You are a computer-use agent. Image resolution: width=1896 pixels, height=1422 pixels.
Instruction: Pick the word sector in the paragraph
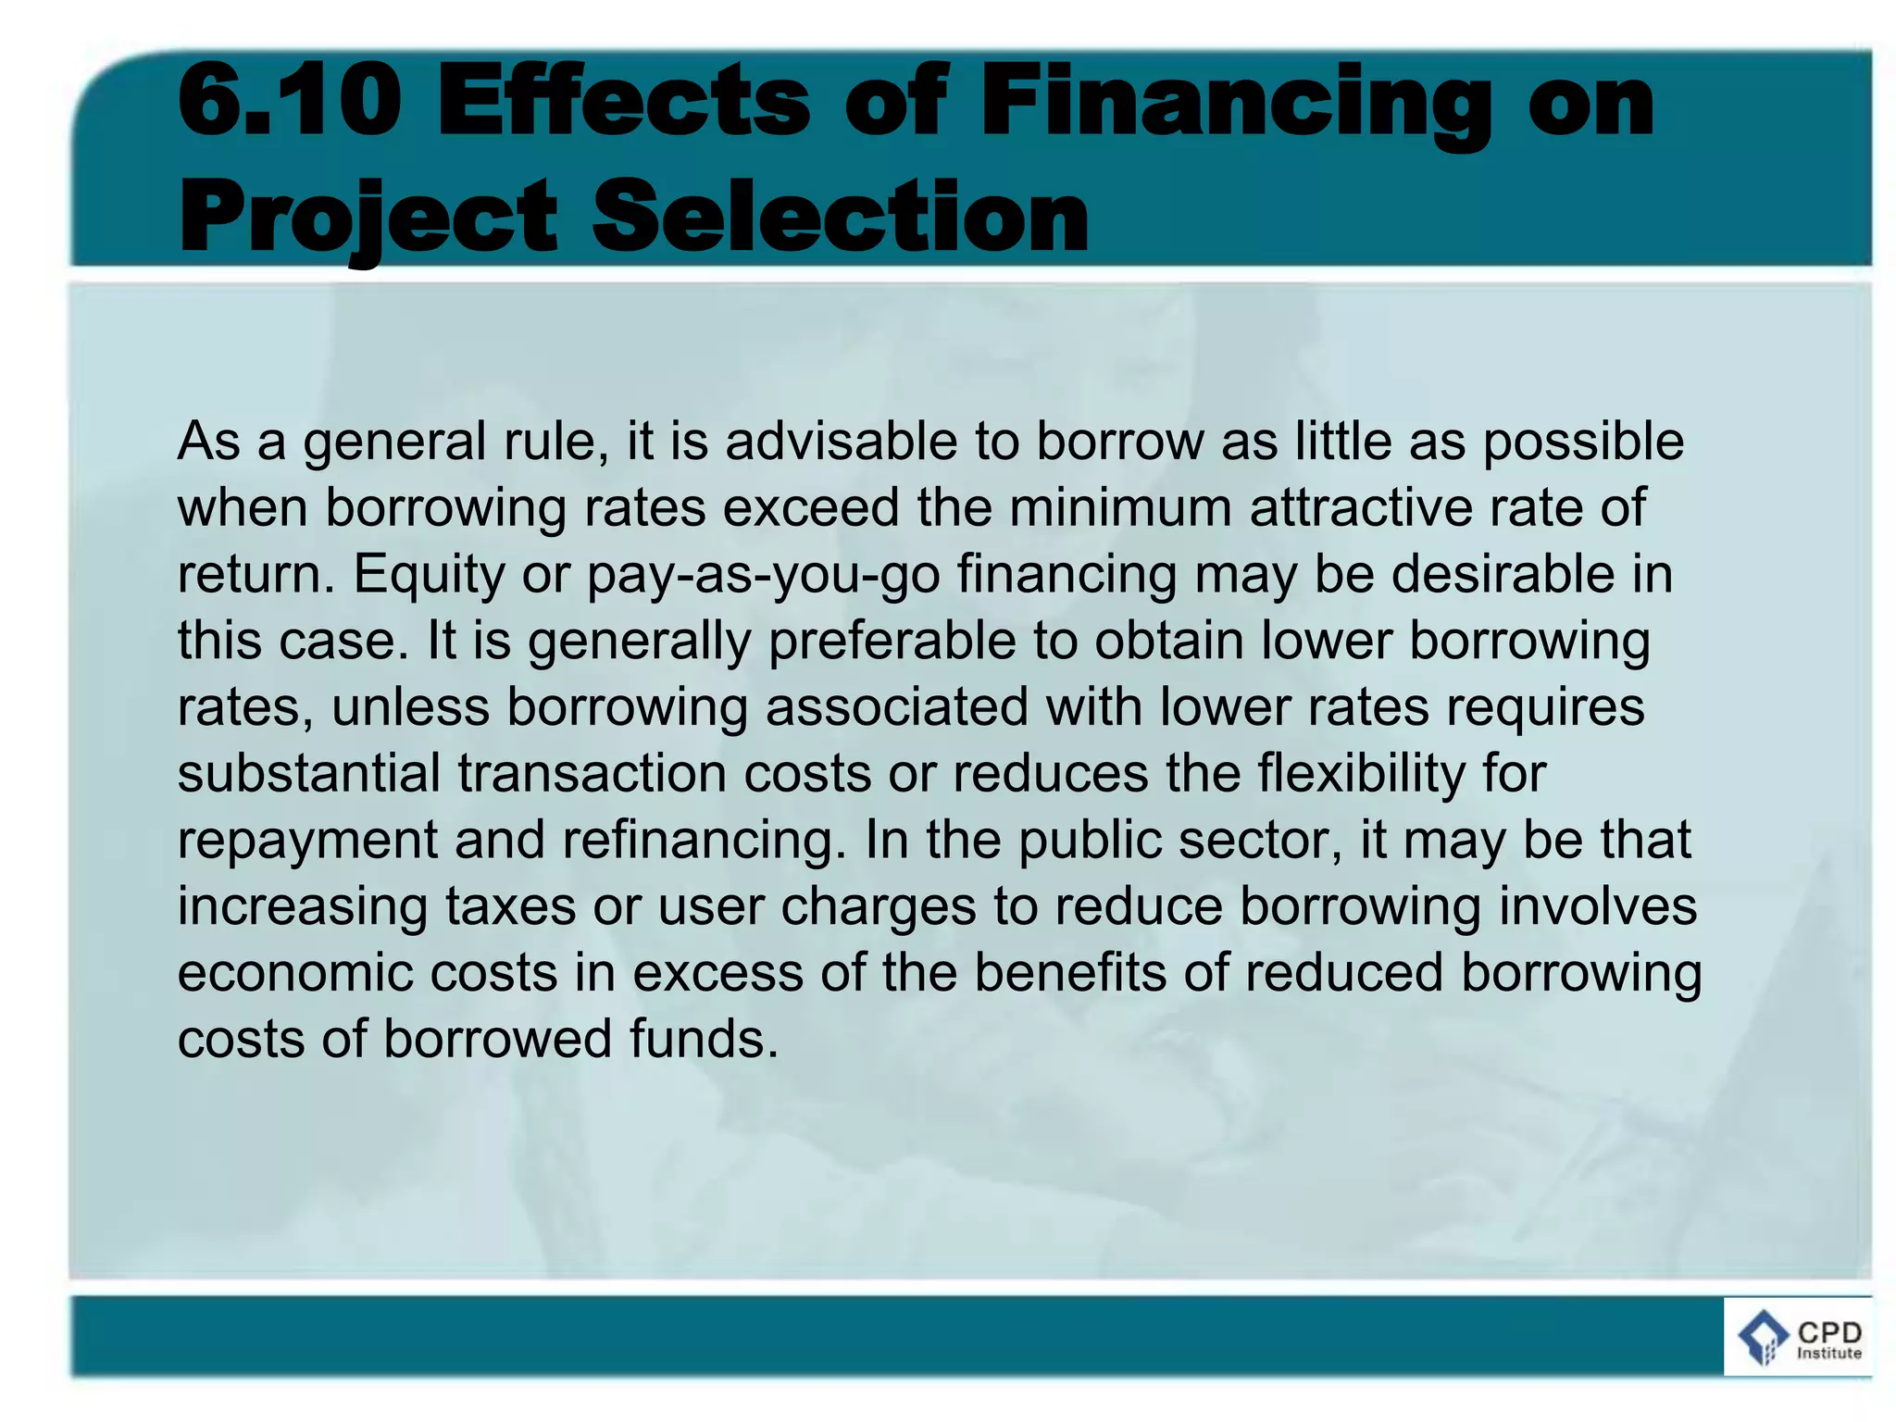click(x=1267, y=840)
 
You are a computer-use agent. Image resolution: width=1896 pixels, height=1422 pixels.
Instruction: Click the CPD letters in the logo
click(x=1829, y=1332)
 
